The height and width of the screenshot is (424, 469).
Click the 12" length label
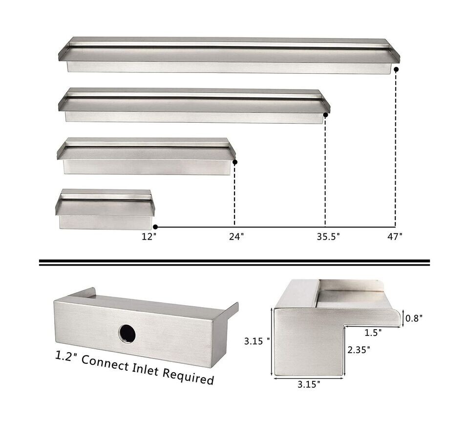tap(149, 237)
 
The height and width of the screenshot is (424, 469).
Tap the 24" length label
tap(236, 237)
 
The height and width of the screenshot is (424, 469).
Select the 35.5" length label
tap(327, 237)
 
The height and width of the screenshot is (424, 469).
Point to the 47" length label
tap(395, 237)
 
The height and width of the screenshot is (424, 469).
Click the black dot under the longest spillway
tap(396, 70)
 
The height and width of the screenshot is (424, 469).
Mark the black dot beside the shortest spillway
tap(155, 227)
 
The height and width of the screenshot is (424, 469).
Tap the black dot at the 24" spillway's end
tap(235, 162)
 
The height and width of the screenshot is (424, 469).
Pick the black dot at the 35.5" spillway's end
tap(325, 115)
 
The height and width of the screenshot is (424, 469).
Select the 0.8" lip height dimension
tap(414, 318)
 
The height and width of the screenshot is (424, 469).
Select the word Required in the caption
tap(191, 377)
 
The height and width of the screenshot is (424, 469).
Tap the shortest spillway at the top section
tap(105, 209)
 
